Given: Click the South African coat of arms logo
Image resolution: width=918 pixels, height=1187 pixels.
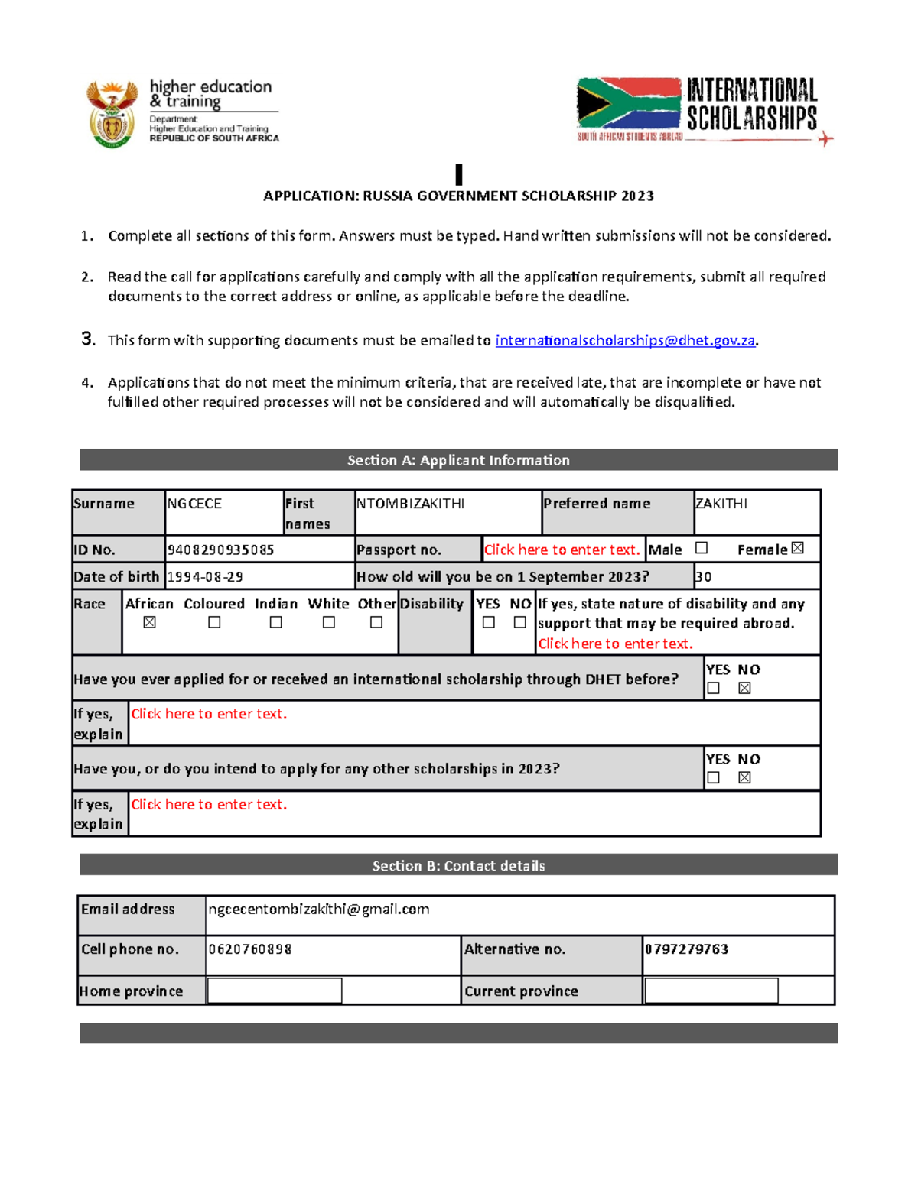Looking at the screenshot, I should (x=112, y=114).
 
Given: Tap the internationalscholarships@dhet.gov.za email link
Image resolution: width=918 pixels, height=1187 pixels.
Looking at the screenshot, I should (x=625, y=341).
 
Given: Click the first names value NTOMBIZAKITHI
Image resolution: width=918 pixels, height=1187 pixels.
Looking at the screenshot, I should (x=411, y=504).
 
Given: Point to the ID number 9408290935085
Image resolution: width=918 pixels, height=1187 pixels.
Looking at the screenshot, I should (x=221, y=550).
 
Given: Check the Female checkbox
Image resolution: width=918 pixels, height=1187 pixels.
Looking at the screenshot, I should (x=798, y=548).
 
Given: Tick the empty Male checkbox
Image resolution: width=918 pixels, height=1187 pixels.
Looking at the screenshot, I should (x=702, y=548).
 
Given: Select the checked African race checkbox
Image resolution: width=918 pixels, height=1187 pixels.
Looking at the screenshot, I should (x=150, y=623).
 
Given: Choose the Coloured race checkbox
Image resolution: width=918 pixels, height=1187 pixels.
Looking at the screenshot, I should (x=215, y=623).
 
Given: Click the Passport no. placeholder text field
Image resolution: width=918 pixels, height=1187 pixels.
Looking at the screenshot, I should (x=562, y=550).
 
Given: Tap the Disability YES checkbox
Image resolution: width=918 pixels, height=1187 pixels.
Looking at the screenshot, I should (x=489, y=623).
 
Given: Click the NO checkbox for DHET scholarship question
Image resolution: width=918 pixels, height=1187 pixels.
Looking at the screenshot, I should (x=744, y=688).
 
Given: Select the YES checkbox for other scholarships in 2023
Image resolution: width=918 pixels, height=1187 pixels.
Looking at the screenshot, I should (x=714, y=778).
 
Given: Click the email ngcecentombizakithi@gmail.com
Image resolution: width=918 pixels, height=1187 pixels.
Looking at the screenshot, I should (x=319, y=910).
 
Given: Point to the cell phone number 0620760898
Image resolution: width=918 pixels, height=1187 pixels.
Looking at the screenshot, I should (x=250, y=949).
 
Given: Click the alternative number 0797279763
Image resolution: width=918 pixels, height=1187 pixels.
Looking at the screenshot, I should (x=687, y=949).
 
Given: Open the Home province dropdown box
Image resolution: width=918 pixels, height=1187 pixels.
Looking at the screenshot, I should (x=275, y=991).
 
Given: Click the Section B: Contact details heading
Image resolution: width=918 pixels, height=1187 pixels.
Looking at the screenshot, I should (x=458, y=866).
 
